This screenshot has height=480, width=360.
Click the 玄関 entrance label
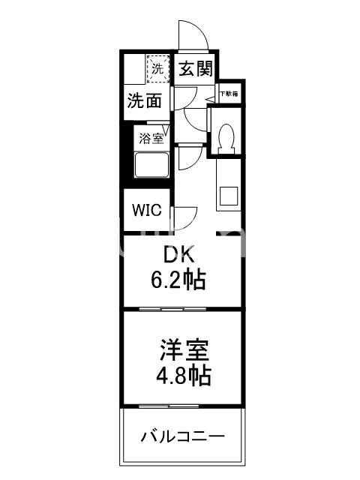[196, 69]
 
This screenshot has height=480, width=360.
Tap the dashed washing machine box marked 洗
[157, 68]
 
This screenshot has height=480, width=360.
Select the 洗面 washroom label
[144, 100]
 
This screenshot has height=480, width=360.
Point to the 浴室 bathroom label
[149, 138]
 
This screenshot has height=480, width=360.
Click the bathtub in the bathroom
[152, 165]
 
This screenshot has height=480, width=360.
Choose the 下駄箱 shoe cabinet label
[229, 94]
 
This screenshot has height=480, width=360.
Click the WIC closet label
[148, 210]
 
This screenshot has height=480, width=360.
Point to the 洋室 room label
[183, 349]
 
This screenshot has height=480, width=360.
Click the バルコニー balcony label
[182, 436]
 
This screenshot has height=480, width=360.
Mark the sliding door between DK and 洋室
[182, 308]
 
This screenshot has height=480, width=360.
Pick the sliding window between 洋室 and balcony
[182, 406]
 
